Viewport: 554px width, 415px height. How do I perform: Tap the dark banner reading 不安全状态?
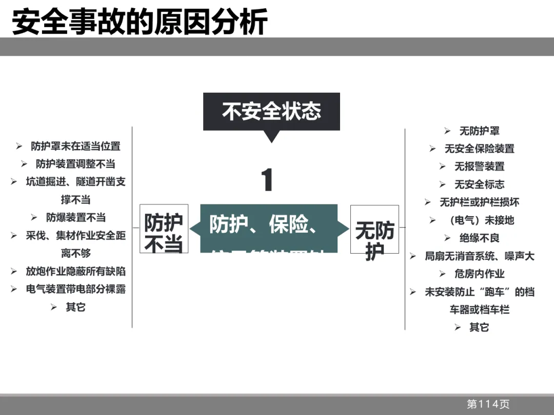(x=271, y=111)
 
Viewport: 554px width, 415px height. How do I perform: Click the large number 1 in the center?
(x=267, y=180)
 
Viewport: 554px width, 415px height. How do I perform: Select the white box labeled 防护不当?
(x=164, y=229)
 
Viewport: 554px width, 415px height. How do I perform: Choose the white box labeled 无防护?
(x=374, y=229)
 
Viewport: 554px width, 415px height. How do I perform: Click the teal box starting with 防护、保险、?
(x=269, y=229)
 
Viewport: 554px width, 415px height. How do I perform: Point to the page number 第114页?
(x=488, y=404)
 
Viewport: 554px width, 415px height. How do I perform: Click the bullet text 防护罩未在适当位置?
(x=75, y=147)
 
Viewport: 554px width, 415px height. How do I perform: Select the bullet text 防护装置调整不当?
(x=75, y=164)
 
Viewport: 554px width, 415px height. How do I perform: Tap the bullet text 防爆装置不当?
(x=76, y=218)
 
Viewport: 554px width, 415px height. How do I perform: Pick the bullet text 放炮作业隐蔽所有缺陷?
(x=75, y=272)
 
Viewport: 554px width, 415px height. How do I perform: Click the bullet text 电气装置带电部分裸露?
(x=75, y=289)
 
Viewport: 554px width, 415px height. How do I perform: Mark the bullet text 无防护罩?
(x=479, y=131)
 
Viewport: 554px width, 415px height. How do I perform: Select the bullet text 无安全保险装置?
(x=479, y=149)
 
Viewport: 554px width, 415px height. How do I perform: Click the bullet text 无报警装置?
(x=479, y=167)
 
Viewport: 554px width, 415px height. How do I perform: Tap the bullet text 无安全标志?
(x=479, y=185)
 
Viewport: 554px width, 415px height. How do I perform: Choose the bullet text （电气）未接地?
(x=479, y=220)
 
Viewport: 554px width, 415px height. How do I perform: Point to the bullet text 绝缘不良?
(x=479, y=238)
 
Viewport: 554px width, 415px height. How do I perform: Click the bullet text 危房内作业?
(x=479, y=274)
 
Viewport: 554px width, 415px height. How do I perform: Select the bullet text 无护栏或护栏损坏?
(x=479, y=203)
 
